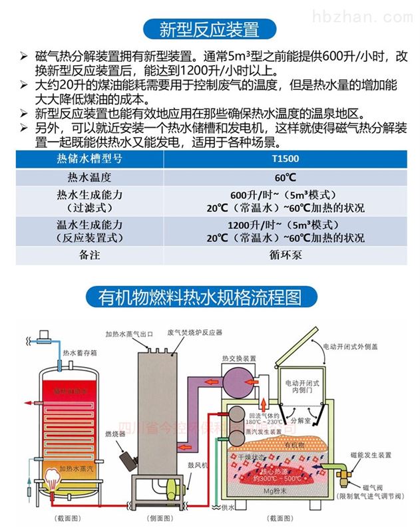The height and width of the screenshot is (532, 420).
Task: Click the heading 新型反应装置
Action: (210, 29)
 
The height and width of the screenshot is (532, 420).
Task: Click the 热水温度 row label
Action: (88, 178)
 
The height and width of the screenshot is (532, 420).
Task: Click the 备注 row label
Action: (88, 255)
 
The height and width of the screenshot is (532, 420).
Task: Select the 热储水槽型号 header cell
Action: (88, 160)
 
